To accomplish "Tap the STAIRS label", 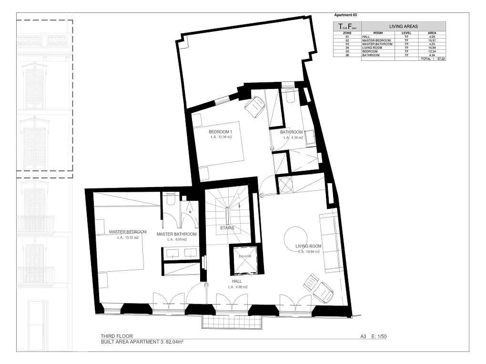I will pyautogui.click(x=227, y=228).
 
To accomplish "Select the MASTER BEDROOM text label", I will pyautogui.click(x=128, y=232).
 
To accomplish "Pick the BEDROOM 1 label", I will pyautogui.click(x=220, y=132).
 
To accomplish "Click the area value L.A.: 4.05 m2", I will pyautogui.click(x=177, y=240).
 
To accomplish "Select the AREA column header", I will pyautogui.click(x=432, y=33).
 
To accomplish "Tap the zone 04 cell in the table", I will pyautogui.click(x=347, y=48).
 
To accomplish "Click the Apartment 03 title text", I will pyautogui.click(x=345, y=15).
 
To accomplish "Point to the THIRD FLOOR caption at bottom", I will pyautogui.click(x=117, y=336).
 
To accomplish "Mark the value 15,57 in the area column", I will pyautogui.click(x=432, y=40).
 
